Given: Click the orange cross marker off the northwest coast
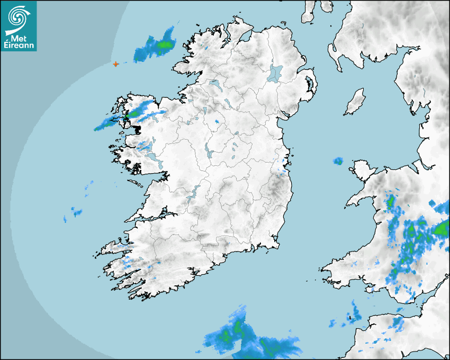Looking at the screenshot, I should [x=116, y=64].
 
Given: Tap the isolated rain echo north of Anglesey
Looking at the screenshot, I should [x=338, y=161].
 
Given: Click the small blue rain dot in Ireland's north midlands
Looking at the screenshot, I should [x=217, y=122].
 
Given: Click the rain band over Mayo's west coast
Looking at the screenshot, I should [x=127, y=118].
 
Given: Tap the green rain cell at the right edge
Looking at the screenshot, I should [x=440, y=229].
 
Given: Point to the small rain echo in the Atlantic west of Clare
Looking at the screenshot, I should [x=77, y=213].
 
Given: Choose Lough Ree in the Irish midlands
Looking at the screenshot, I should [x=209, y=151].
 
